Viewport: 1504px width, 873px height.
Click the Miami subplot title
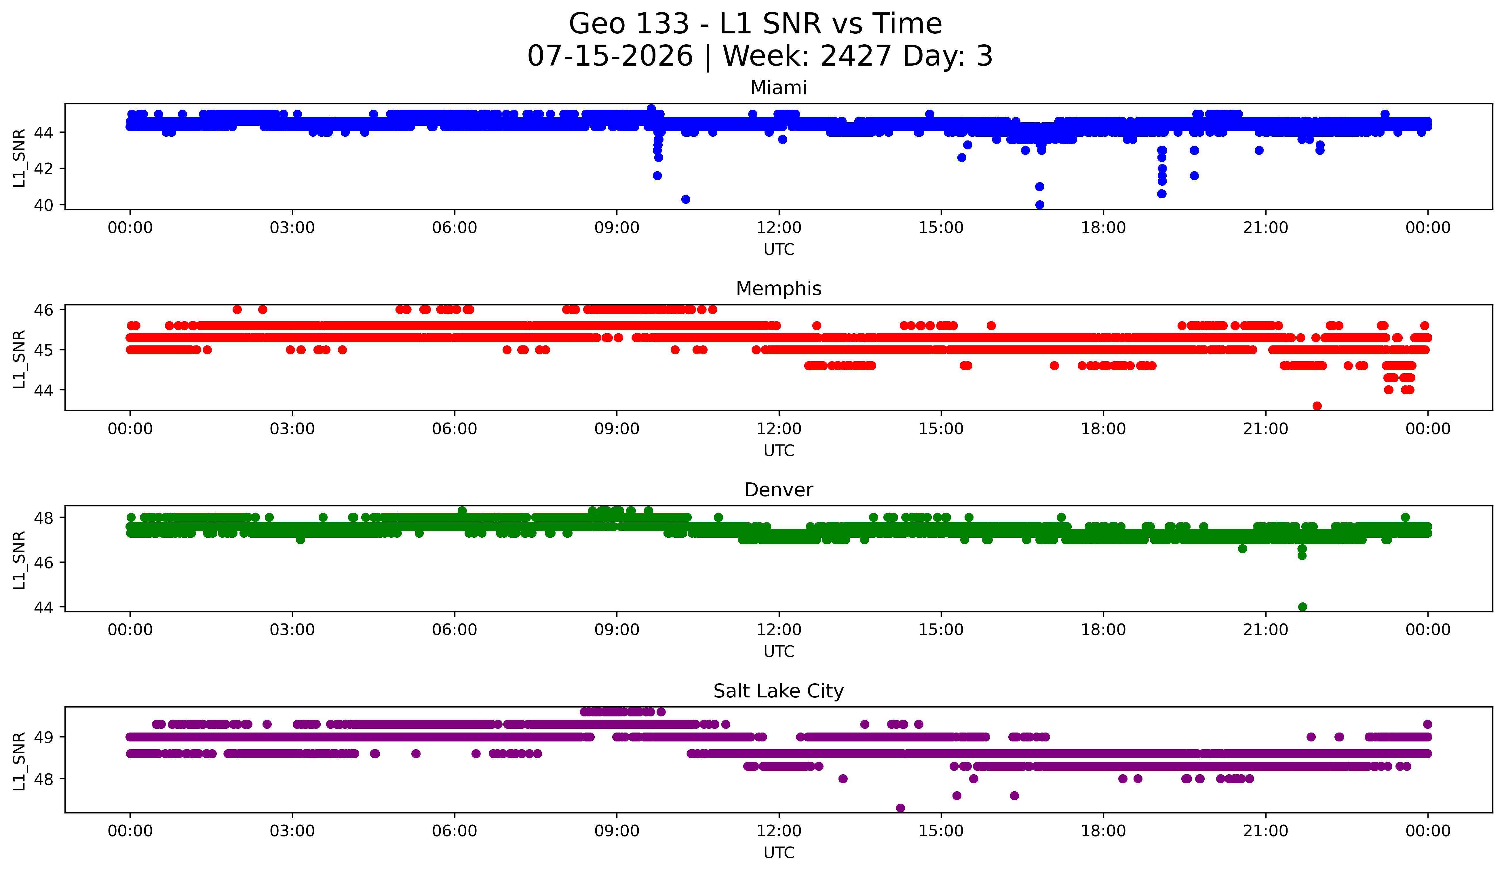778,88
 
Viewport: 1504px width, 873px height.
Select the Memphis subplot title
778,289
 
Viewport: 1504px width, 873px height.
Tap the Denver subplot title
778,490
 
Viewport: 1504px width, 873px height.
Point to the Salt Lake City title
778,691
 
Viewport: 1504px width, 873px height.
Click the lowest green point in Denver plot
1302,607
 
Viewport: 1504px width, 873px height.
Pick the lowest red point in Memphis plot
1317,406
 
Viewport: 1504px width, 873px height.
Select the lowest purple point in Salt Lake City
900,808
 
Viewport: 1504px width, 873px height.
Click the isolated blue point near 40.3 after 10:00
686,199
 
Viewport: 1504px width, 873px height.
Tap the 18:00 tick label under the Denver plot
1103,630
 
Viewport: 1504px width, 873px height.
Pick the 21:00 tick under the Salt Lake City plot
1265,831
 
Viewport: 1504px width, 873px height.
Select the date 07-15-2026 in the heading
610,56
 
